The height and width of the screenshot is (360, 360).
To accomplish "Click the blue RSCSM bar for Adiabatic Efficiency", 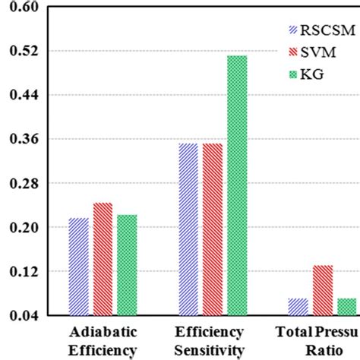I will [x=78, y=267].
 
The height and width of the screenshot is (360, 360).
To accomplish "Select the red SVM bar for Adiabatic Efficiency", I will [x=103, y=259].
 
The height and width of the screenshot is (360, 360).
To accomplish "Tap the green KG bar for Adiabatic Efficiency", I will [x=126, y=265].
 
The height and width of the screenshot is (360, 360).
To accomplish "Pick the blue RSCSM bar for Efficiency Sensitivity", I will [x=188, y=229].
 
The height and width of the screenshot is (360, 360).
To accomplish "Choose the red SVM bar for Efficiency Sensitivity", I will [x=213, y=229].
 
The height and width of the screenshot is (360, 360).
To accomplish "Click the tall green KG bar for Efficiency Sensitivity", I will [x=237, y=185].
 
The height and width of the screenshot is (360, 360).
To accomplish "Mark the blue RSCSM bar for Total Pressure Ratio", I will [x=298, y=307].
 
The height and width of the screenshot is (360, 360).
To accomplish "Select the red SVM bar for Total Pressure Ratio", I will [x=323, y=290].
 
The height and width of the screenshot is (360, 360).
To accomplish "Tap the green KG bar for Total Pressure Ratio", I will [x=346, y=307].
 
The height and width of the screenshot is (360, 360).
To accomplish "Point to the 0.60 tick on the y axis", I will [x=26, y=8].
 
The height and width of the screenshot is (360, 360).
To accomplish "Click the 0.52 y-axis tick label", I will [x=26, y=52].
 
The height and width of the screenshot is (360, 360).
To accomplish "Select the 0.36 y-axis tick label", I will [x=26, y=140].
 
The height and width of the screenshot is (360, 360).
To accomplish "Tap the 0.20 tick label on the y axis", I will [x=26, y=228].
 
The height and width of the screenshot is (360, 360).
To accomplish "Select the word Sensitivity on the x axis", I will [x=210, y=349].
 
